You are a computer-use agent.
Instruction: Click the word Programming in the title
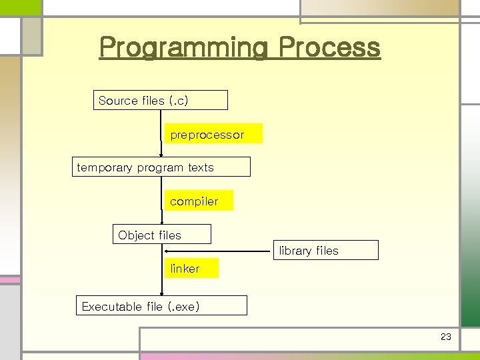click(x=183, y=48)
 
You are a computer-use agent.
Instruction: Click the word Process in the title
click(x=329, y=48)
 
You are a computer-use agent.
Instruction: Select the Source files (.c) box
click(x=160, y=100)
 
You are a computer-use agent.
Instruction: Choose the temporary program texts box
click(x=161, y=167)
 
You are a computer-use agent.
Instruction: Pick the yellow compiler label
click(x=199, y=201)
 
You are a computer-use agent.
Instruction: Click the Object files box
click(x=161, y=235)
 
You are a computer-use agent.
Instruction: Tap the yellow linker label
click(x=191, y=268)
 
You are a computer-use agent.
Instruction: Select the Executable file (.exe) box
click(x=161, y=306)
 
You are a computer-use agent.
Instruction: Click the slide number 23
click(x=446, y=337)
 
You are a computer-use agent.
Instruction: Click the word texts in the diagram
click(x=201, y=167)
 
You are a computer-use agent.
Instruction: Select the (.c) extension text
click(x=179, y=101)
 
